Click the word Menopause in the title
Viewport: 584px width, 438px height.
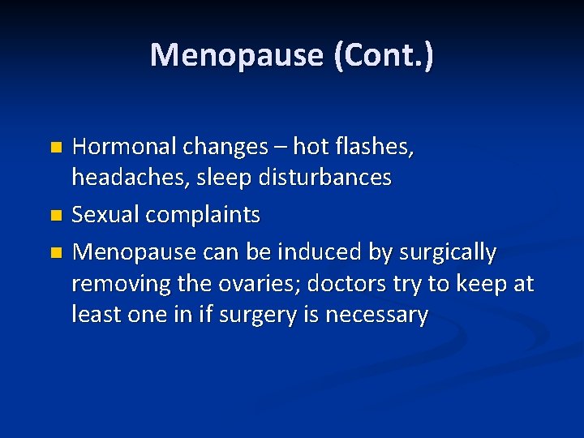click(234, 55)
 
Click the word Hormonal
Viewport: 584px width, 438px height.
click(120, 147)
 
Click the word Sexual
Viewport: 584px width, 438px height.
click(102, 215)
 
